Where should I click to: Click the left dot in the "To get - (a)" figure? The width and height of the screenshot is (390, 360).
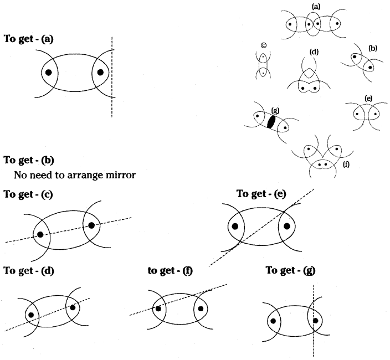coord(49,73)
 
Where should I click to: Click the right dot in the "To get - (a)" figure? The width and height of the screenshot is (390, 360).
coord(100,72)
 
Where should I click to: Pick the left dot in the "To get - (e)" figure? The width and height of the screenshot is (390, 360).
coord(235,226)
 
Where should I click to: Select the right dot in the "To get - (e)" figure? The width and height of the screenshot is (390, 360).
coord(287,226)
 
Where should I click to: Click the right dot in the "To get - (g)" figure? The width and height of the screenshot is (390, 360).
coord(315,320)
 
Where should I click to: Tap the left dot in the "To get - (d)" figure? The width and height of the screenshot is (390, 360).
coord(31,315)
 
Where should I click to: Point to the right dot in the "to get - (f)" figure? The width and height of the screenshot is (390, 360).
coord(200,309)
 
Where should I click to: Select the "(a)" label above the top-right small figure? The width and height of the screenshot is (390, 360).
coord(316,6)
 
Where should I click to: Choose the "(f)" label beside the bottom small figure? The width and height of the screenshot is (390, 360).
coord(346,164)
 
